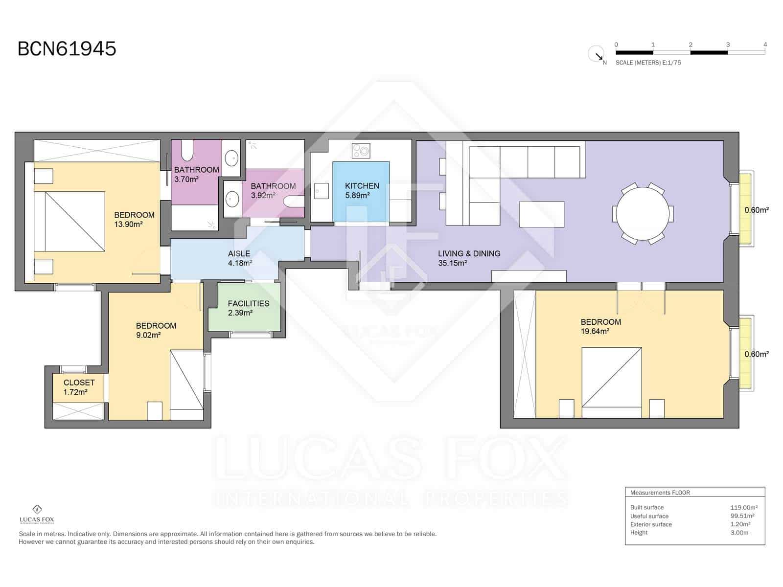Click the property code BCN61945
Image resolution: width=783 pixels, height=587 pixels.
(x=67, y=49)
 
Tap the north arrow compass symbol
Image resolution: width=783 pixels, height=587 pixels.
(x=597, y=54)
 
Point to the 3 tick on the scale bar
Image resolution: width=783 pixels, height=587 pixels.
(x=728, y=45)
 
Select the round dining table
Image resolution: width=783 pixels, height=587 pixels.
(x=643, y=214)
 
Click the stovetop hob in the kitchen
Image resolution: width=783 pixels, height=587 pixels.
(x=361, y=151)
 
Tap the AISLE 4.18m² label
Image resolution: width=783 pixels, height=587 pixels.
(x=239, y=258)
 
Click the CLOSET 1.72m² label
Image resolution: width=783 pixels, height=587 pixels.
(x=79, y=387)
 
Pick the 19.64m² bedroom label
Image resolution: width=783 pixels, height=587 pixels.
(x=600, y=326)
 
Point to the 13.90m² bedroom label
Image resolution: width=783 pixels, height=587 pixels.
(x=134, y=220)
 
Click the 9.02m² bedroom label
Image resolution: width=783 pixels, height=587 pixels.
(x=156, y=330)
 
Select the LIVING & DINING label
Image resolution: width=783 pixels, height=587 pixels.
(x=468, y=258)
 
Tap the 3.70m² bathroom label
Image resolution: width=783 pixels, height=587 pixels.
(x=196, y=174)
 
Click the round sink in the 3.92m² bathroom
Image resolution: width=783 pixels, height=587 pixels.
(x=232, y=199)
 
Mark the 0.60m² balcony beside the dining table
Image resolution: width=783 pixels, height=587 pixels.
(x=746, y=209)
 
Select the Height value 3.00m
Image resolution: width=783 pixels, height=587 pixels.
(x=739, y=533)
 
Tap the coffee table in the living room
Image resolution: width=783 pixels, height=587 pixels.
(x=541, y=214)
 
